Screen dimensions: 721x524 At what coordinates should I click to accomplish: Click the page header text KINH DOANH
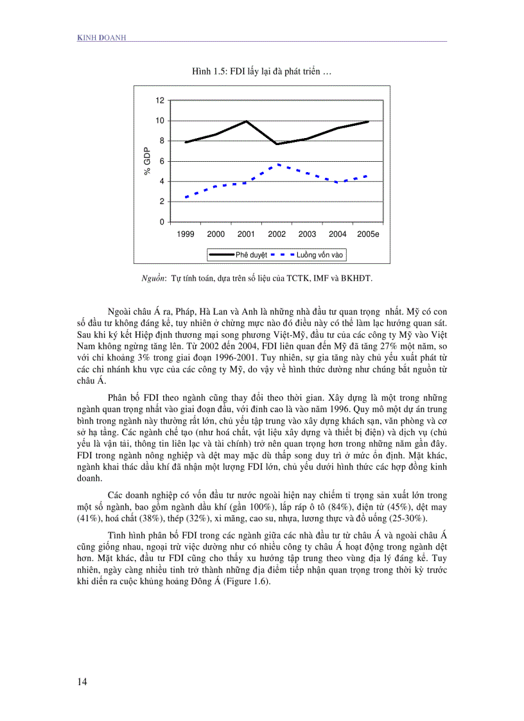point(101,38)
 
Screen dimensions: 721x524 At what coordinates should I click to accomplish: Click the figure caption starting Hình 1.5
point(261,72)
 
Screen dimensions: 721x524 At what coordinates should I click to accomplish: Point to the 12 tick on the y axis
point(160,100)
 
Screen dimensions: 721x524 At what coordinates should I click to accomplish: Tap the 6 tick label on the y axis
point(162,161)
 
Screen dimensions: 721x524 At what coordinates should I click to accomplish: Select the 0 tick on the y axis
point(162,222)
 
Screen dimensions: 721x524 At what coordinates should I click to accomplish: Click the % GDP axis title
point(147,161)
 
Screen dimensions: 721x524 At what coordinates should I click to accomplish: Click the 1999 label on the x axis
point(186,234)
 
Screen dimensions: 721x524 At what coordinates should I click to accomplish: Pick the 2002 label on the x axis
point(277,234)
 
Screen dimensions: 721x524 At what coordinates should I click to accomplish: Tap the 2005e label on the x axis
point(368,234)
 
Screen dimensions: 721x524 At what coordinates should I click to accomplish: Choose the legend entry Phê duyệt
point(251,255)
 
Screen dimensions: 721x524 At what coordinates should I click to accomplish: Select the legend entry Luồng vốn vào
point(320,255)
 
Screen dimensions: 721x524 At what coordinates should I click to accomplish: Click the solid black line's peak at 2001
point(247,121)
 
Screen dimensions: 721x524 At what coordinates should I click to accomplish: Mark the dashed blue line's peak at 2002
point(277,164)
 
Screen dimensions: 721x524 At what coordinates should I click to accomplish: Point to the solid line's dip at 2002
point(277,144)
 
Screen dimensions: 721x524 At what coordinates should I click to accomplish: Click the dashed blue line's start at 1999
point(186,197)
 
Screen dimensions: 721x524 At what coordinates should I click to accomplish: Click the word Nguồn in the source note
point(153,279)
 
